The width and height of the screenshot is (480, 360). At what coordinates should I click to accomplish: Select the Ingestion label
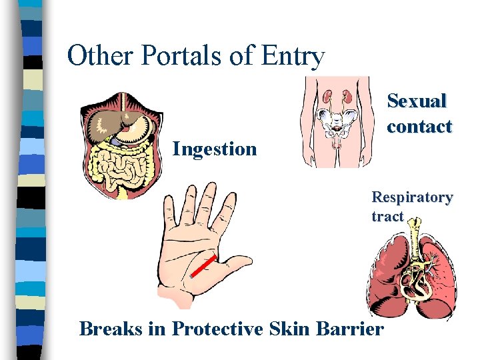(x=214, y=149)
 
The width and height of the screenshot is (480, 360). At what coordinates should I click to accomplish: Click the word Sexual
(x=417, y=101)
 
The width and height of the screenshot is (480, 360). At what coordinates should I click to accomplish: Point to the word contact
(x=419, y=126)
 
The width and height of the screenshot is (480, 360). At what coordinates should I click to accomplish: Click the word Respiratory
(x=412, y=197)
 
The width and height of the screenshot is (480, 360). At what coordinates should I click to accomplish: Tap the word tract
(x=387, y=216)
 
